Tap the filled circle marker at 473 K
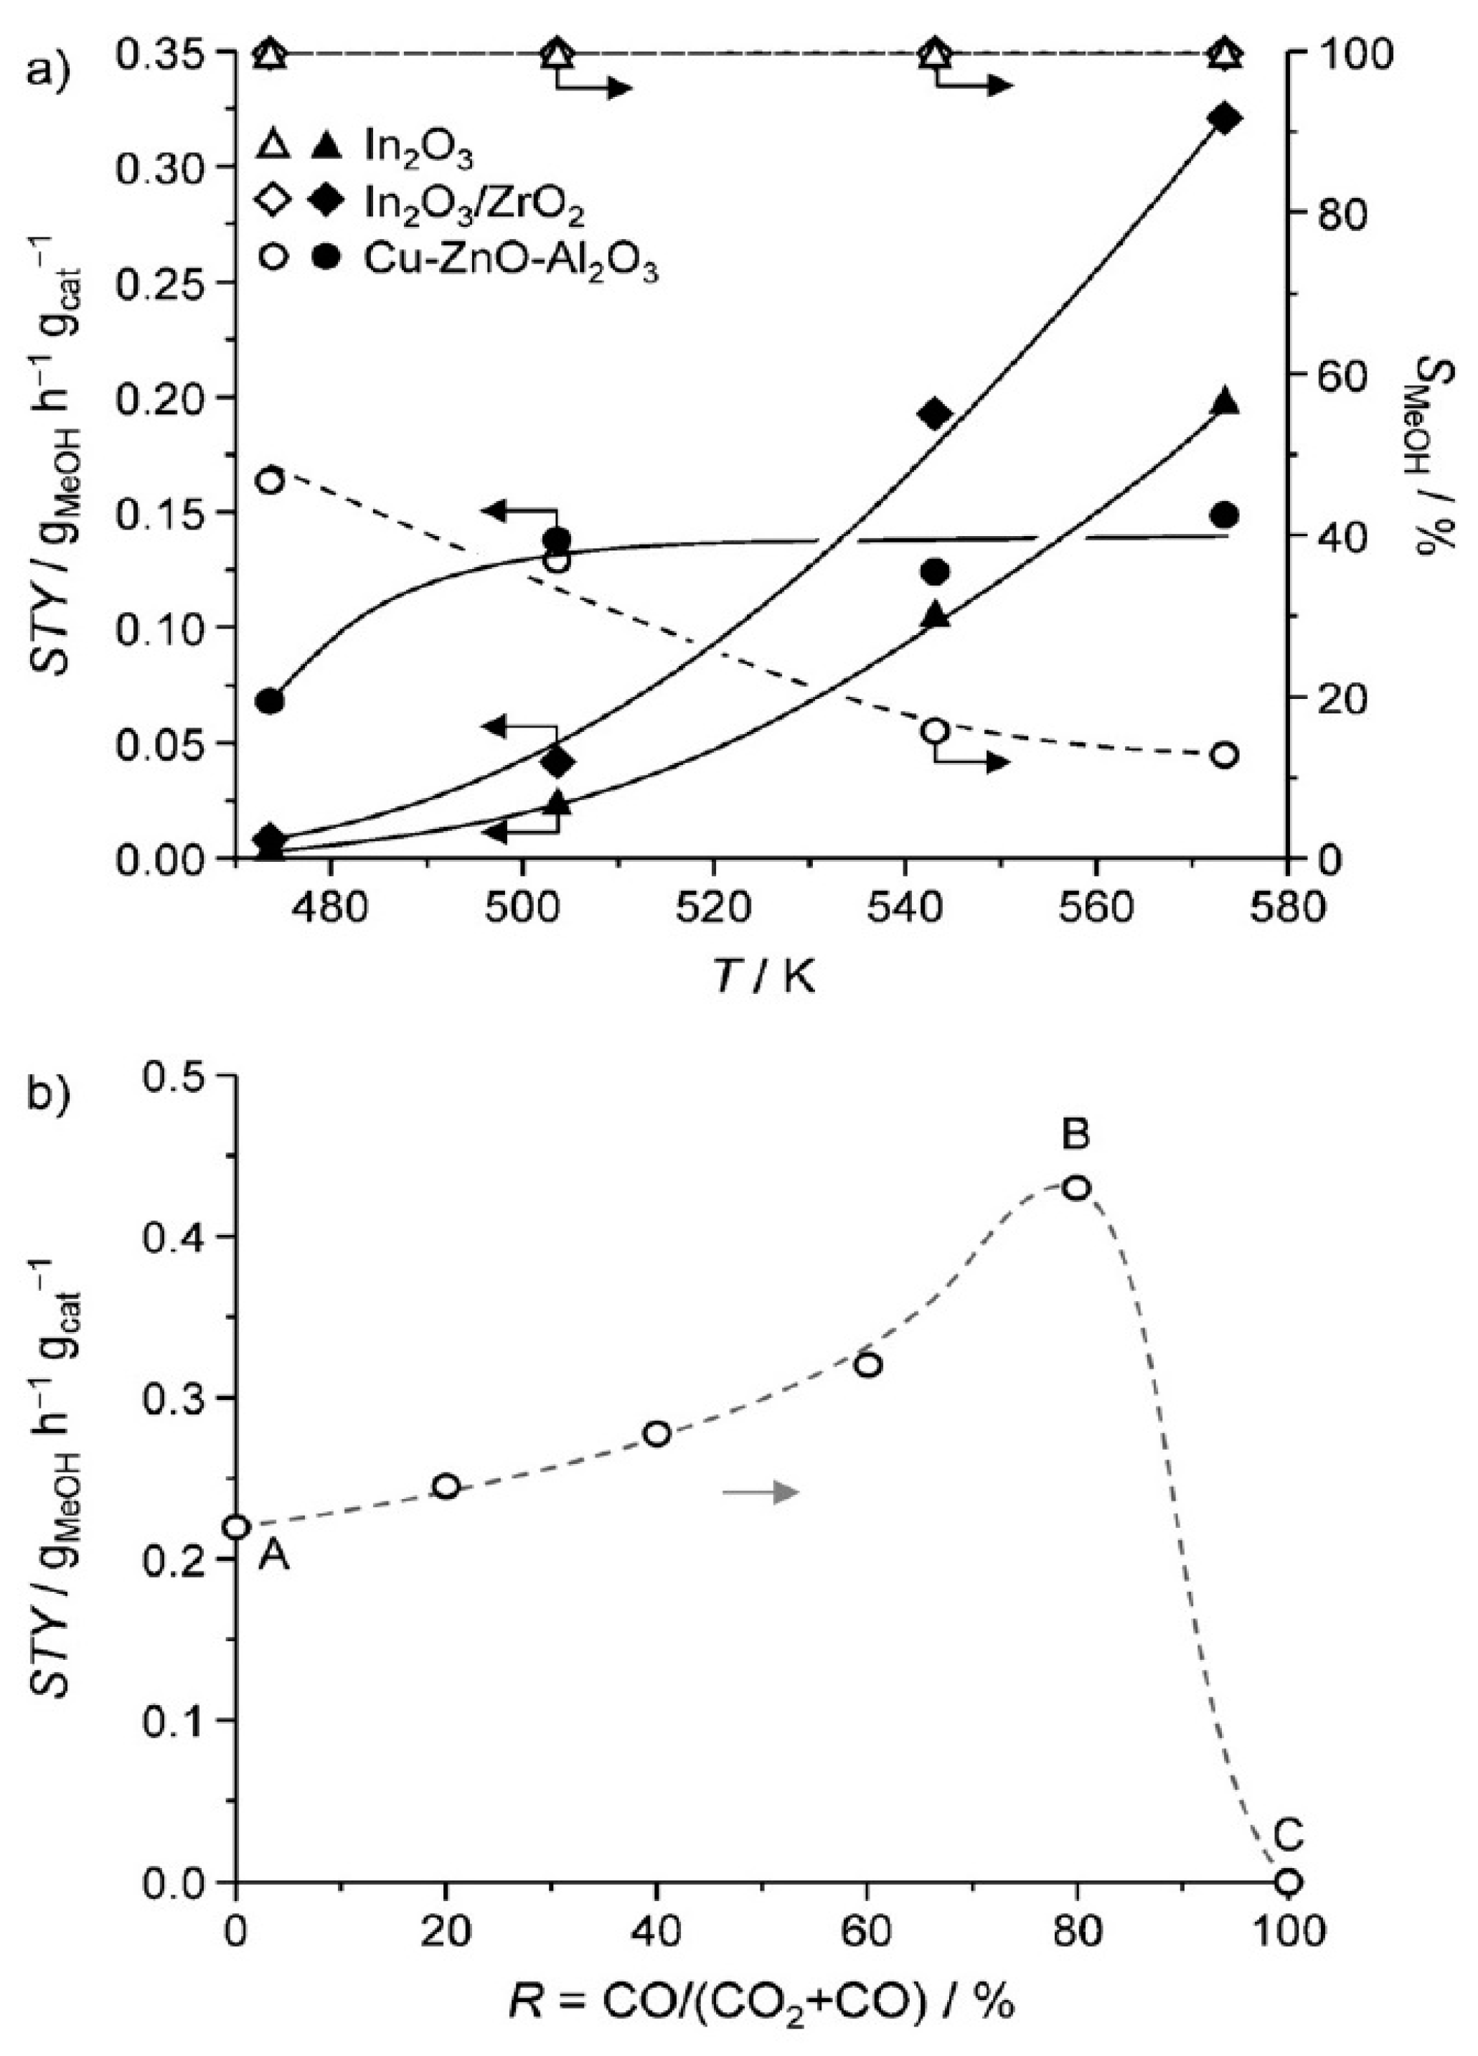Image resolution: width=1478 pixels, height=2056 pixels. pyautogui.click(x=269, y=700)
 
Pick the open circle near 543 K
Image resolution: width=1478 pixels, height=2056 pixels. pyautogui.click(x=935, y=731)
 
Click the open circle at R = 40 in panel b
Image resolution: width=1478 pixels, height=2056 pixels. pyautogui.click(x=657, y=1433)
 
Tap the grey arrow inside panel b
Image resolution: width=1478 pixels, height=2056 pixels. pyautogui.click(x=761, y=1492)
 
